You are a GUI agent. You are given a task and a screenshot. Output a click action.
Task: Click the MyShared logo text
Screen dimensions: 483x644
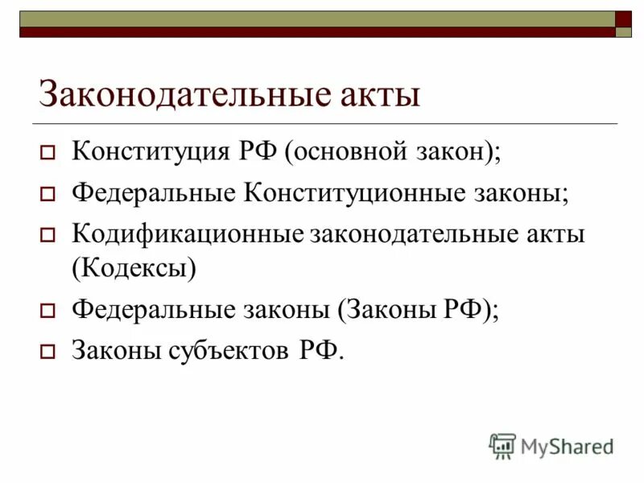567,445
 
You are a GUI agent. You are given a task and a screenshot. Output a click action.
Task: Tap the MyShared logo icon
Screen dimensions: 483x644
502,445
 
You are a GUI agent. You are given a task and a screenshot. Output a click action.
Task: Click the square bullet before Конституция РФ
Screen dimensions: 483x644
47,153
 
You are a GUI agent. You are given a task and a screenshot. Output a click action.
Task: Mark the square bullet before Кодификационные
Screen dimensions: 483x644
47,237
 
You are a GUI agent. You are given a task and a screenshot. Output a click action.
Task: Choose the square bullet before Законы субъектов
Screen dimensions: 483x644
47,352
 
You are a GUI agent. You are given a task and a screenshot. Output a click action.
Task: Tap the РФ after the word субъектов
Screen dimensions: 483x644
319,350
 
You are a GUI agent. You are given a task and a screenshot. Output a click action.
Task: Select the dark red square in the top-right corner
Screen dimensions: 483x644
624,19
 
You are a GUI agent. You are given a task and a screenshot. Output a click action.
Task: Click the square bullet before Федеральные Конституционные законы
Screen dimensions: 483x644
47,195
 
